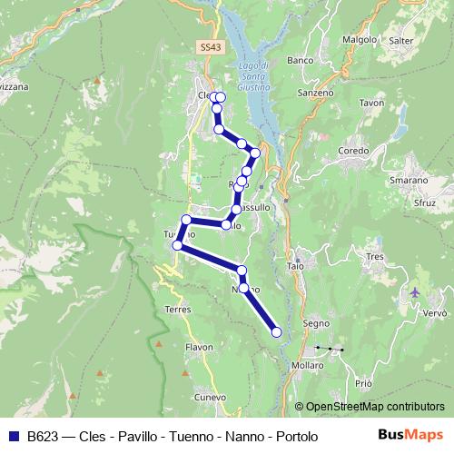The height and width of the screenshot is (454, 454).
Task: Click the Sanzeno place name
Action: click(x=316, y=93)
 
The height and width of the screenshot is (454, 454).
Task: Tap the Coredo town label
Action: click(x=352, y=150)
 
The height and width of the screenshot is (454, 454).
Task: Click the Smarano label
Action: click(x=409, y=181)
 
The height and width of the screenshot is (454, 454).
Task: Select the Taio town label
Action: click(x=294, y=266)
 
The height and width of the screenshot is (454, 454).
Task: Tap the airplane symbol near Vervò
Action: click(x=416, y=292)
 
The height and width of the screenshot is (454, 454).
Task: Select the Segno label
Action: click(x=315, y=324)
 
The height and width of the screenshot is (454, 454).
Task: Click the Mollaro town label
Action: click(x=309, y=365)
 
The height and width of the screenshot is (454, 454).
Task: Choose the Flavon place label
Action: click(x=198, y=347)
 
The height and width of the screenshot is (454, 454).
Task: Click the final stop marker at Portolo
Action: click(x=277, y=333)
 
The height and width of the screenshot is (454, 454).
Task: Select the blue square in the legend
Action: click(x=15, y=437)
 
